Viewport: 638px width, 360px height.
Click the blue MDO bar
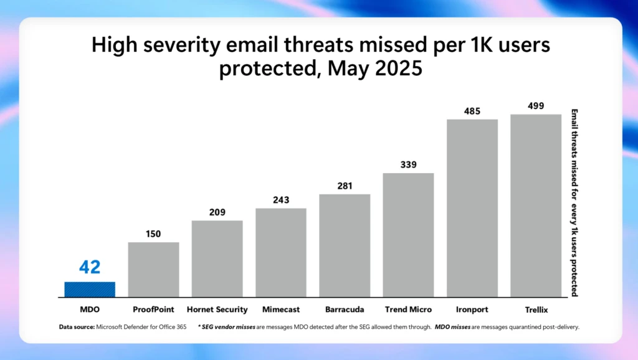[x=90, y=289]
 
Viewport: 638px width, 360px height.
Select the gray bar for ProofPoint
[x=153, y=269]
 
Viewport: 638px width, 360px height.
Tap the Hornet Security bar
[x=217, y=258]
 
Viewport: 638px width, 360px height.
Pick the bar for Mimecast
[x=280, y=252]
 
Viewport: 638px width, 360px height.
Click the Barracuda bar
[x=345, y=245]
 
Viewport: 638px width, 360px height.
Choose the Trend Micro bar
[x=408, y=235]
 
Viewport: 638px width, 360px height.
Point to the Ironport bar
[x=472, y=208]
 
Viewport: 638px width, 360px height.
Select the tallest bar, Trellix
[x=536, y=206]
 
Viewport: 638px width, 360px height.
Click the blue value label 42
[x=90, y=267]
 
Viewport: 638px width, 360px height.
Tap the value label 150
[x=153, y=234]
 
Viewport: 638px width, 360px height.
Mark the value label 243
[x=280, y=200]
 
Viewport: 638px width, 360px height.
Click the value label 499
[x=536, y=106]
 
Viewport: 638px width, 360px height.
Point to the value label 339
[x=408, y=164]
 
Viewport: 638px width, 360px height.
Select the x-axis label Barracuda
[x=345, y=310]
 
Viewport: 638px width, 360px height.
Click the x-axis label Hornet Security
[x=217, y=310]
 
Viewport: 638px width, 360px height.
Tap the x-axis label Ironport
[x=472, y=310]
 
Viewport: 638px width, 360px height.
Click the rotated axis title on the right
[x=574, y=202]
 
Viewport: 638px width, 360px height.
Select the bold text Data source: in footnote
[x=77, y=326]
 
